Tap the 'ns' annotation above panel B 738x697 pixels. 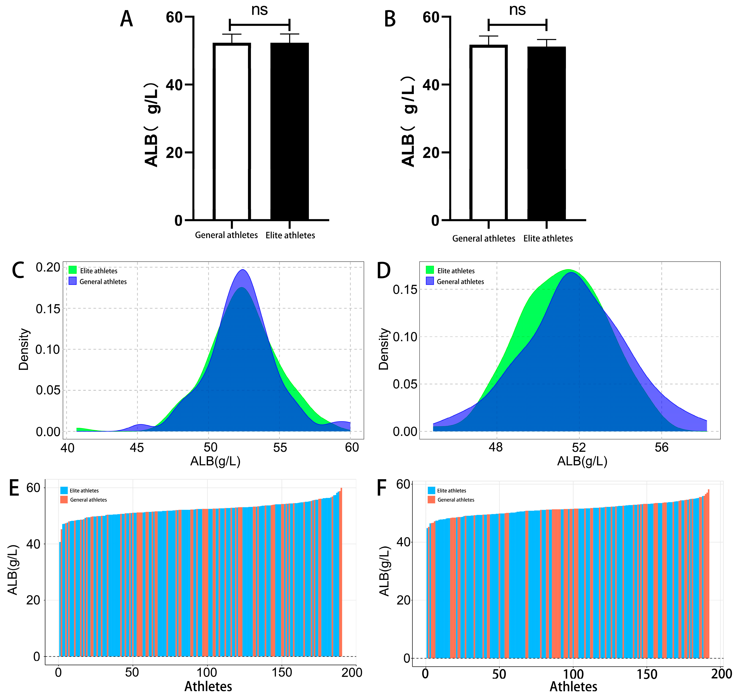[x=517, y=10]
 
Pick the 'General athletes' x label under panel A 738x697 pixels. [x=226, y=235]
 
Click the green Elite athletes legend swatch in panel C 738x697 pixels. [x=72, y=270]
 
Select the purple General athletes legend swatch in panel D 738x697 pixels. [x=430, y=281]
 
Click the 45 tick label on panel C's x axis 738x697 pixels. [x=137, y=448]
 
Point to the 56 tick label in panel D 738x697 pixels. [x=662, y=448]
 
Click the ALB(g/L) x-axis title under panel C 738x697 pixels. [x=215, y=461]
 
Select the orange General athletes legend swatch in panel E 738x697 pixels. [x=64, y=500]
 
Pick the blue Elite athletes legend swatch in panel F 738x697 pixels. [x=431, y=490]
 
